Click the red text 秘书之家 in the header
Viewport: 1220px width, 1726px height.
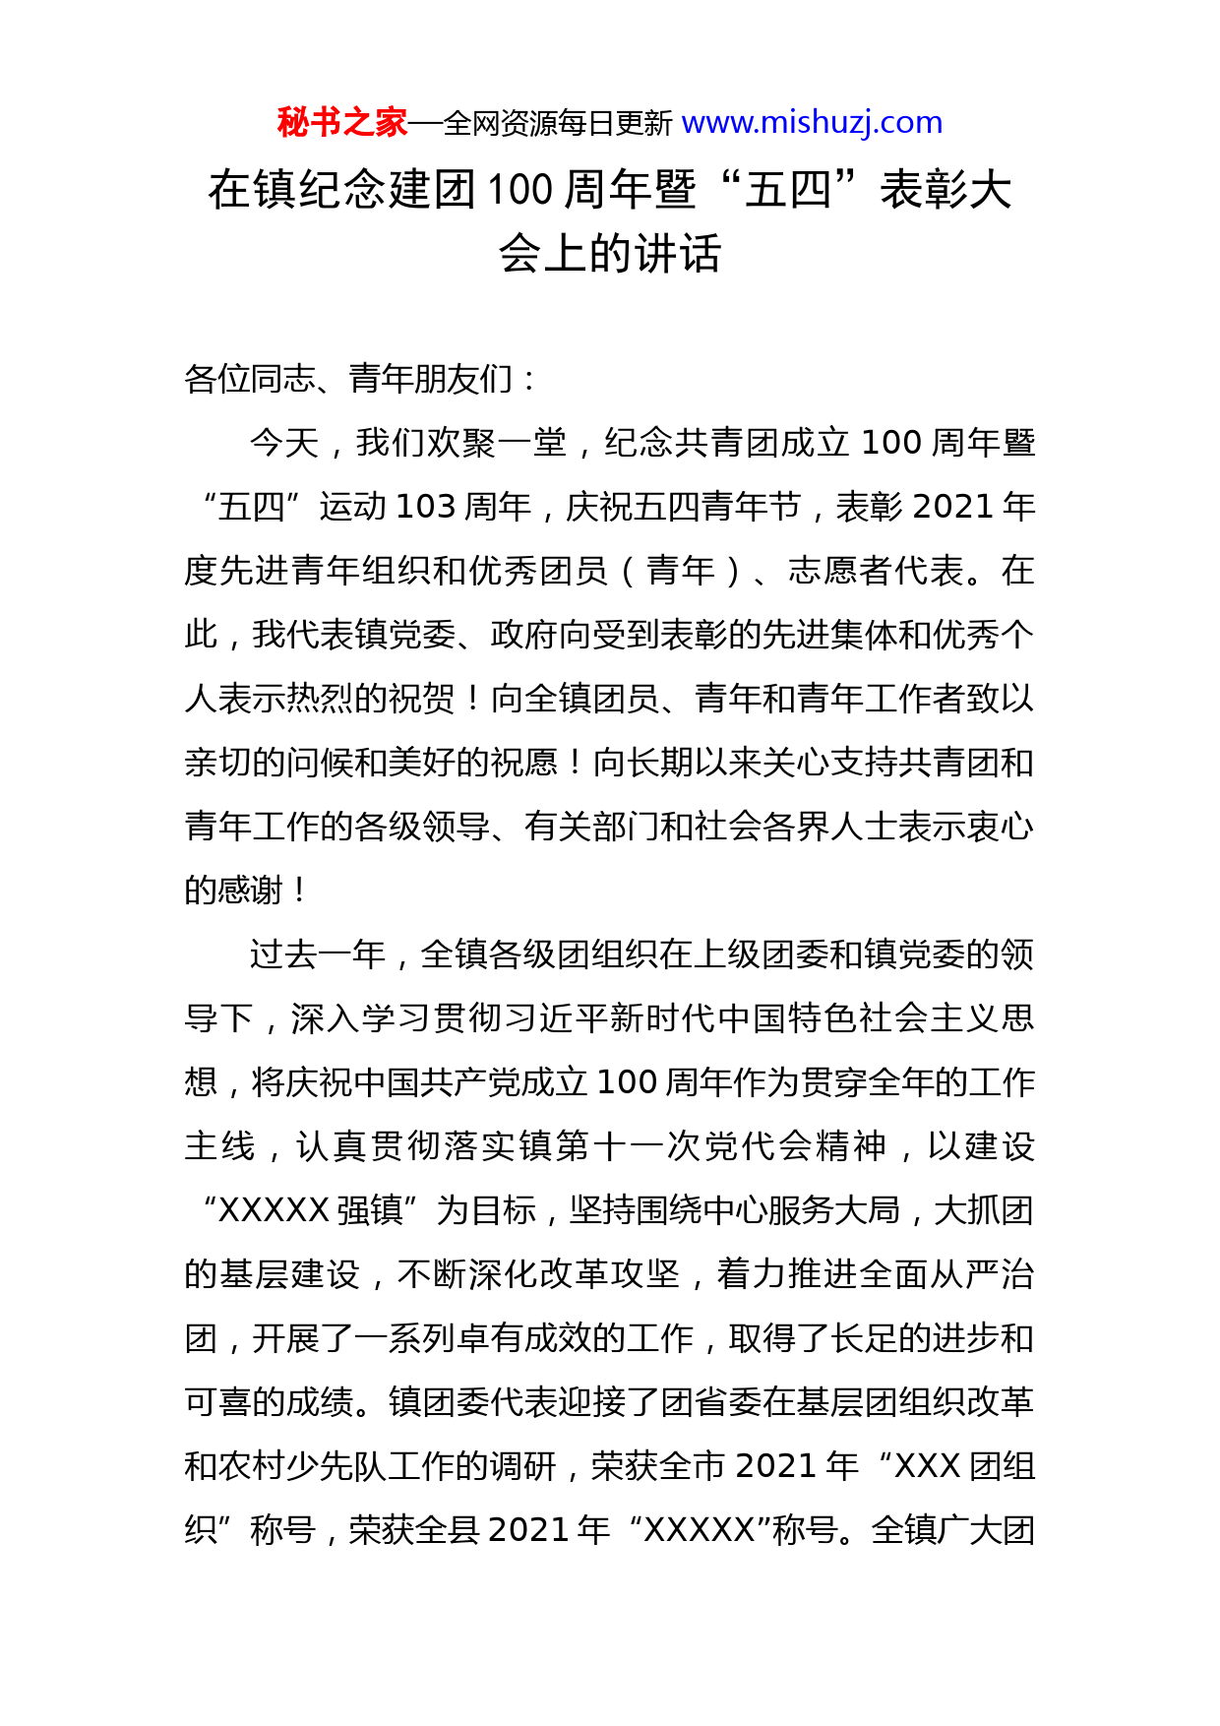tap(341, 123)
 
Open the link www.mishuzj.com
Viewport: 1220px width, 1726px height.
tap(812, 123)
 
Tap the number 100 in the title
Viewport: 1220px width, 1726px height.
tap(519, 190)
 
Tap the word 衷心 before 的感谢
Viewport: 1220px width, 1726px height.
tap(1000, 827)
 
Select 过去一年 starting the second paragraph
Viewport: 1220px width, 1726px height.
tap(318, 955)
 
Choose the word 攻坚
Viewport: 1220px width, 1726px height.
tap(644, 1274)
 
